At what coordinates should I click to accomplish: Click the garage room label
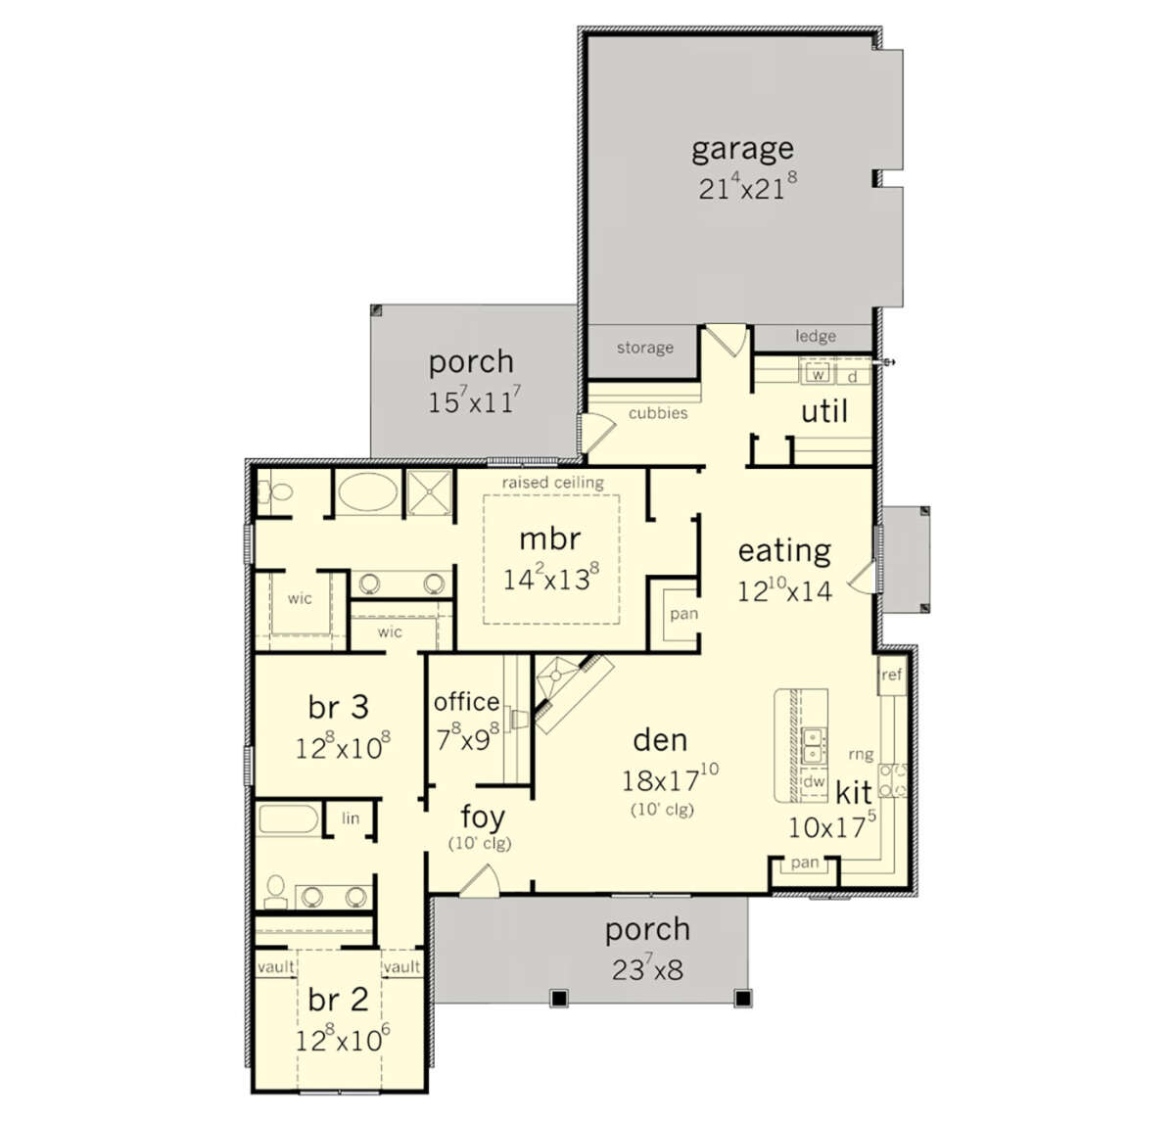[x=742, y=150]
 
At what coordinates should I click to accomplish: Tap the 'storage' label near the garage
[x=645, y=348]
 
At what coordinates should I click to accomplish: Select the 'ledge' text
[x=816, y=336]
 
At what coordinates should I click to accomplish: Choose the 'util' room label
[x=824, y=411]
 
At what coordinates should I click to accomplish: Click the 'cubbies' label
[x=657, y=413]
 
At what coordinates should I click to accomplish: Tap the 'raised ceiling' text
[x=552, y=483]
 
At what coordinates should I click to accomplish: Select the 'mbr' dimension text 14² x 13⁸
[x=550, y=578]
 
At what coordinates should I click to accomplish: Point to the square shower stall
[x=429, y=492]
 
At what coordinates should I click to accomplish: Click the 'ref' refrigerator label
[x=891, y=675]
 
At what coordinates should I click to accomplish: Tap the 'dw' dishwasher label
[x=814, y=780]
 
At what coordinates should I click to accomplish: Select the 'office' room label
[x=466, y=702]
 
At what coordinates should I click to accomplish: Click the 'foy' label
[x=483, y=817]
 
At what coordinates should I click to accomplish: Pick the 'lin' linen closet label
[x=351, y=818]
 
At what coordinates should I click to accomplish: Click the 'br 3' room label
[x=338, y=708]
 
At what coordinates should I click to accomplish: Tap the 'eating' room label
[x=784, y=551]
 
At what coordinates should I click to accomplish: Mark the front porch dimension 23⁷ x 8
[x=647, y=968]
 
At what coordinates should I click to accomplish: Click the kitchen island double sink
[x=813, y=746]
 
